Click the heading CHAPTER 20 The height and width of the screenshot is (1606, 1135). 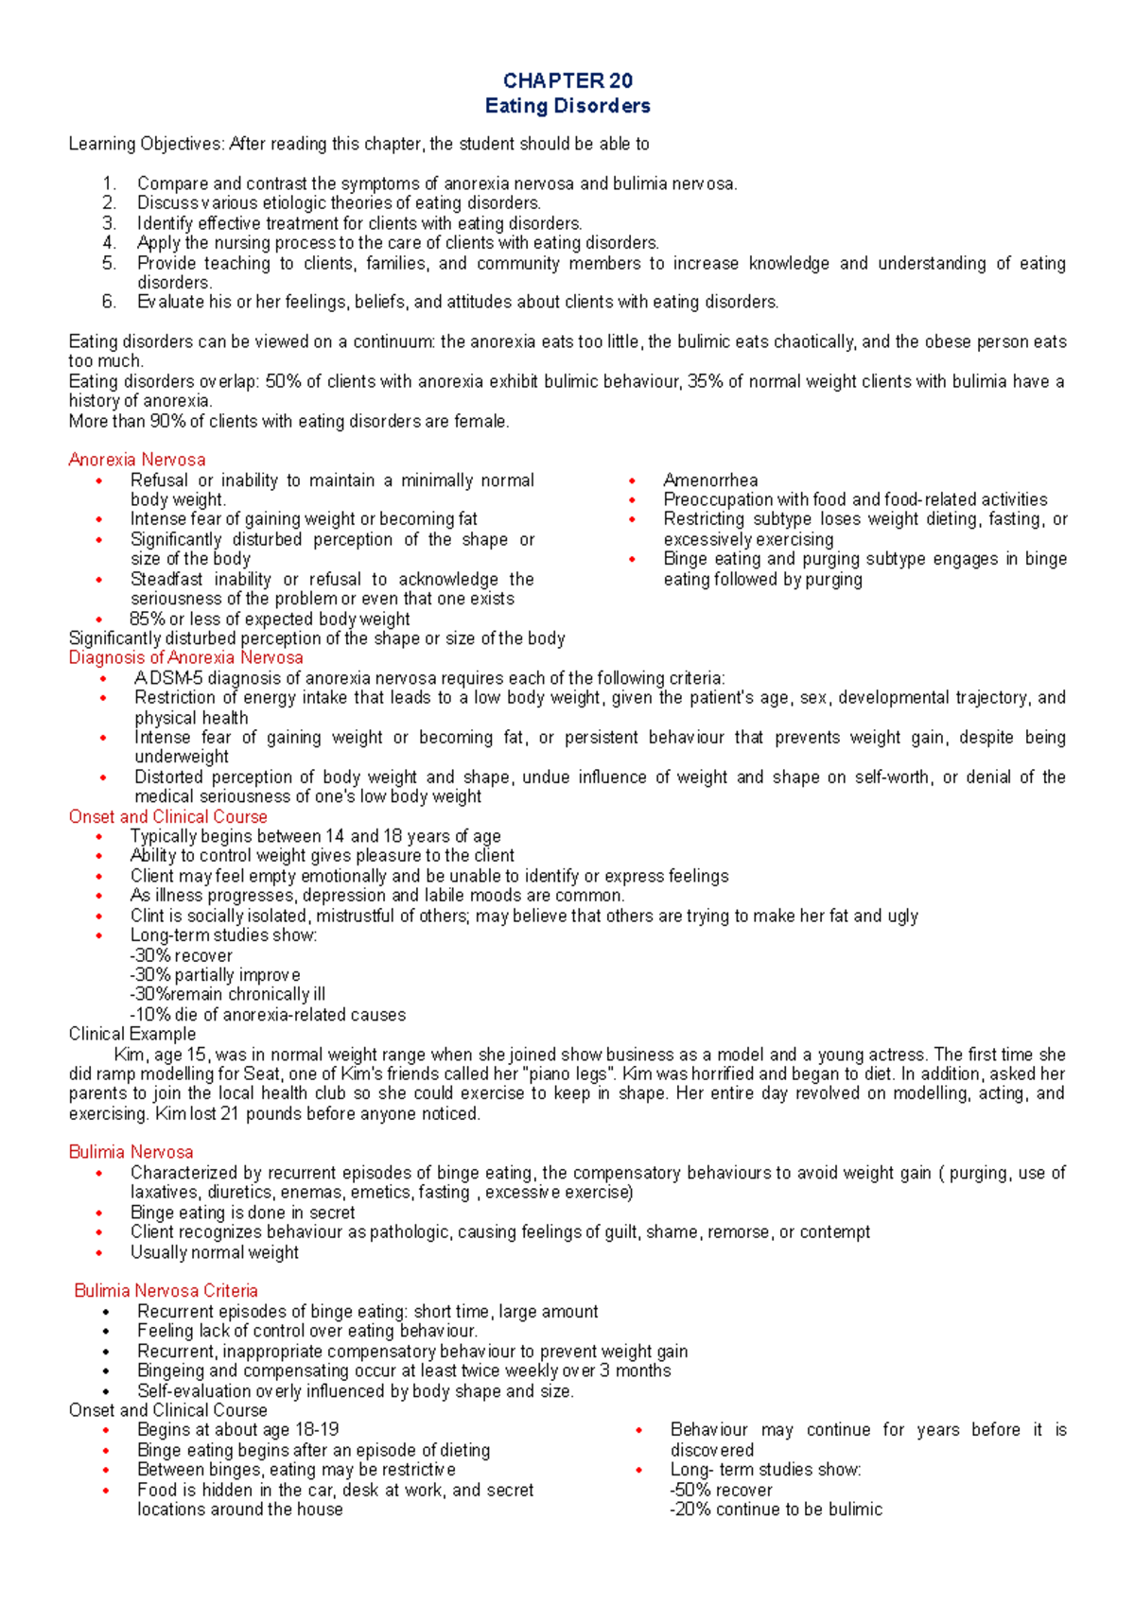tap(567, 80)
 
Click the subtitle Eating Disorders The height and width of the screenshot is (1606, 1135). tap(567, 106)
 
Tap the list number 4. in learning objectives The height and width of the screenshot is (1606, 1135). tap(110, 242)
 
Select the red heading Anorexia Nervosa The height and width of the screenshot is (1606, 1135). tap(137, 460)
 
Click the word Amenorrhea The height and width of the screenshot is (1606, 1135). tap(710, 480)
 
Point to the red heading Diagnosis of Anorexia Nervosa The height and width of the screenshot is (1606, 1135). tap(186, 657)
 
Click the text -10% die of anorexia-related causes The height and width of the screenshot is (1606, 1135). tap(268, 1015)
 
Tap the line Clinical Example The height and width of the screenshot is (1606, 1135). tap(132, 1034)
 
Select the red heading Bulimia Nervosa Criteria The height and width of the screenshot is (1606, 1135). tap(166, 1291)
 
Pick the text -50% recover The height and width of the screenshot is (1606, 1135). tap(721, 1490)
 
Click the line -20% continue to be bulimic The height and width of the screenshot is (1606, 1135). tap(776, 1510)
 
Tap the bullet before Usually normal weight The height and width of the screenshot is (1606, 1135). tap(99, 1252)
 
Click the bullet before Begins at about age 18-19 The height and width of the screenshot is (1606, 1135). tap(106, 1430)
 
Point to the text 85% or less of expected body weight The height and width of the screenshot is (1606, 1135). tap(270, 619)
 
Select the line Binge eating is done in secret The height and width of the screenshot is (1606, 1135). tap(243, 1213)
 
